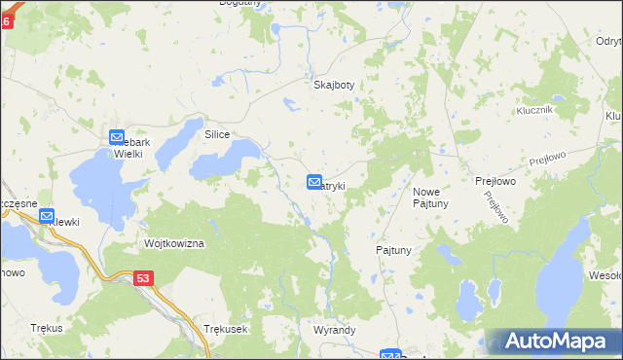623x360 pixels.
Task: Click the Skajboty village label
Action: click(x=333, y=85)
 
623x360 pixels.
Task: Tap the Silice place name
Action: click(x=216, y=134)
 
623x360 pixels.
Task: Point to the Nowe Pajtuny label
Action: click(x=429, y=198)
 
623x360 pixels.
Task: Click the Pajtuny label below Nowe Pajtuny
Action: click(x=394, y=250)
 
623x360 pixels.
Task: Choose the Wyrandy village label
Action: click(x=334, y=330)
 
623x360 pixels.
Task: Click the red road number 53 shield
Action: click(x=143, y=278)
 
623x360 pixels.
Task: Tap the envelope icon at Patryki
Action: click(x=314, y=182)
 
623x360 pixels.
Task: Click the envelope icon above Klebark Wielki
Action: click(x=117, y=138)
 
